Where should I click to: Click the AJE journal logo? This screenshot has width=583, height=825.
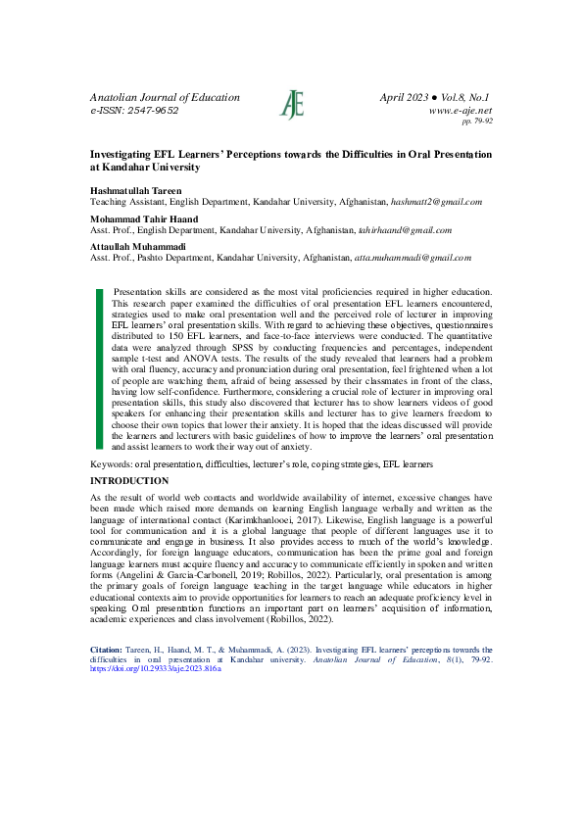tap(292, 104)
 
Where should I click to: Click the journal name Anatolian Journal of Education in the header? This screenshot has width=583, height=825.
tap(165, 97)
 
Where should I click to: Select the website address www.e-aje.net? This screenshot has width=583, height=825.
tap(461, 112)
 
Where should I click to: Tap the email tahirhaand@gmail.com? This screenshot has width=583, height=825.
tap(404, 229)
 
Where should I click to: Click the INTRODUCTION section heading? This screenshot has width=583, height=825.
tap(129, 481)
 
